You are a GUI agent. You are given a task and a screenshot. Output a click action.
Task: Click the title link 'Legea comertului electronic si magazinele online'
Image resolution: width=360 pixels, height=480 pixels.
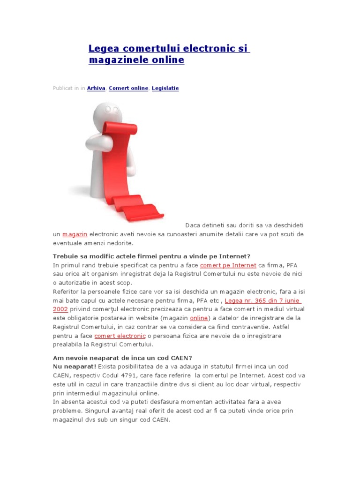click(169, 49)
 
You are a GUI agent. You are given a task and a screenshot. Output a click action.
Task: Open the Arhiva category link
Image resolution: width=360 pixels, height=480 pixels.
click(96, 88)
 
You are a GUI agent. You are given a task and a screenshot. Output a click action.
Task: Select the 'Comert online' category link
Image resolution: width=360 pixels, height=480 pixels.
click(128, 88)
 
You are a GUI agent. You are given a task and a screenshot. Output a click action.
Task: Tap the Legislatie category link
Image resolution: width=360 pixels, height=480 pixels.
click(165, 88)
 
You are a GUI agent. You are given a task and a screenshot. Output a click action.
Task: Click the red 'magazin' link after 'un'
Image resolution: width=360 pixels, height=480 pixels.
click(75, 234)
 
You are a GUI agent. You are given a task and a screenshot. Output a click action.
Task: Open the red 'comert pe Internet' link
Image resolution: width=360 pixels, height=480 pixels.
click(228, 265)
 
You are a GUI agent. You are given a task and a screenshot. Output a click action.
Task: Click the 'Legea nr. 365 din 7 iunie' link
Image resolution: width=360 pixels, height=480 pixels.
click(262, 300)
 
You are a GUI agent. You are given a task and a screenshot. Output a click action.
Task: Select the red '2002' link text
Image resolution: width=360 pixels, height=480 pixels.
click(60, 309)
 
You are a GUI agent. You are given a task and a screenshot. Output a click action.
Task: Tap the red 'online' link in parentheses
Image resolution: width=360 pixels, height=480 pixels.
click(198, 318)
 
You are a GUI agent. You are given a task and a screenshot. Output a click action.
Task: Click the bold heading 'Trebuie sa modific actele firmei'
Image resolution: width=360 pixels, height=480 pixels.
click(152, 256)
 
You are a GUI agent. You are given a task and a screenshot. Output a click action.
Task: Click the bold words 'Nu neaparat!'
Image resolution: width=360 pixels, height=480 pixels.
click(75, 367)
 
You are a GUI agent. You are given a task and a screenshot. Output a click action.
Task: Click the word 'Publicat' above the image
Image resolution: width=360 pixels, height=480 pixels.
click(62, 88)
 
